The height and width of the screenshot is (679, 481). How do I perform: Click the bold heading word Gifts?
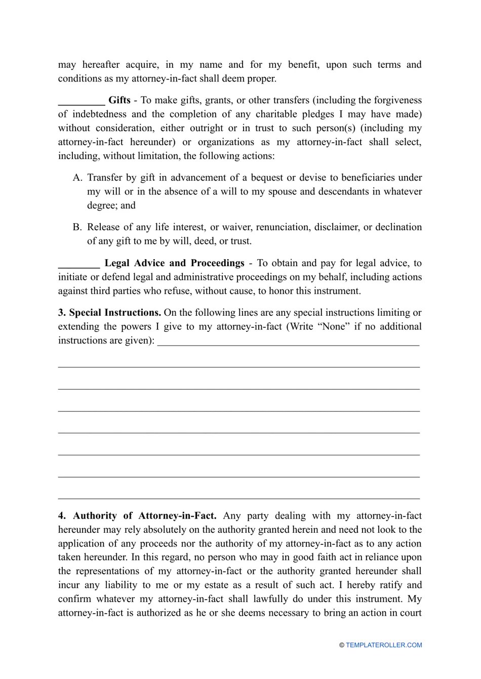119,100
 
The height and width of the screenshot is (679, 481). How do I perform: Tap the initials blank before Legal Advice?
79,264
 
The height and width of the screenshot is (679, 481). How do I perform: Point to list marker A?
77,178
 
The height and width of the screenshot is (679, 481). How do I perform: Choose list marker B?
77,227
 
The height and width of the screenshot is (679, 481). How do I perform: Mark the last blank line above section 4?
239,498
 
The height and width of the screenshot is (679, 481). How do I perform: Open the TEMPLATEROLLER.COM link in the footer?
384,645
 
